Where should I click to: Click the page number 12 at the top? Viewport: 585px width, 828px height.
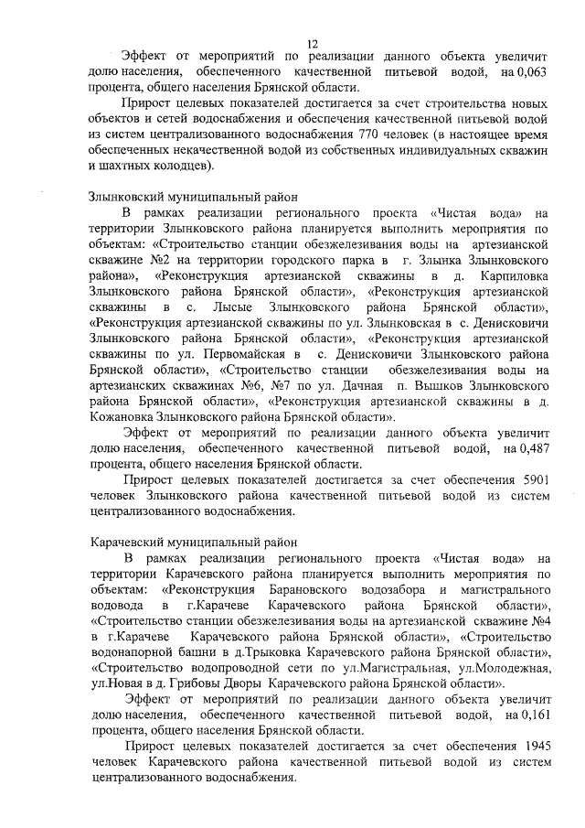point(313,43)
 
